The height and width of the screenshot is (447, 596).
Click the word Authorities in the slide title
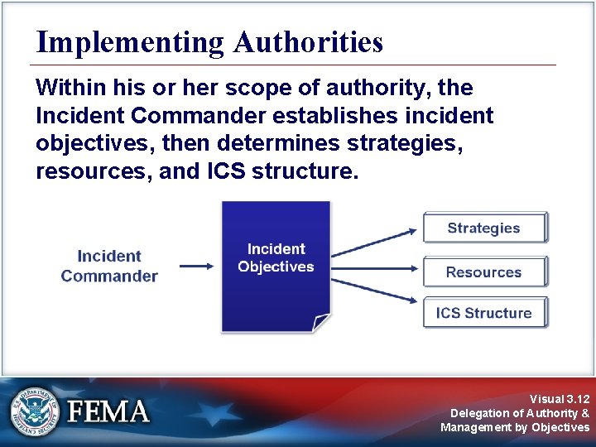[x=308, y=42]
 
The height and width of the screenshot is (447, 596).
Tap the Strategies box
[x=484, y=228]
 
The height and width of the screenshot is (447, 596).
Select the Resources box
[x=484, y=272]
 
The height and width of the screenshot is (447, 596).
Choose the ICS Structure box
[x=484, y=313]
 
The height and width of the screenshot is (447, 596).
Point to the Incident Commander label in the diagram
[x=109, y=267]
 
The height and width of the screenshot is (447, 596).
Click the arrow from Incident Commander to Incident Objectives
[x=197, y=266]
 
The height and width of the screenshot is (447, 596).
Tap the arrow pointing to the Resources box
[x=377, y=268]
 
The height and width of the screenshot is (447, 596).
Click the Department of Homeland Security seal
[x=34, y=411]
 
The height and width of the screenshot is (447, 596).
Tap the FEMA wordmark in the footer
[x=108, y=411]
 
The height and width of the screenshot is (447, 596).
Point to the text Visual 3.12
[x=560, y=398]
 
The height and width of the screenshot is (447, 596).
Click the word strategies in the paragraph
[x=404, y=143]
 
